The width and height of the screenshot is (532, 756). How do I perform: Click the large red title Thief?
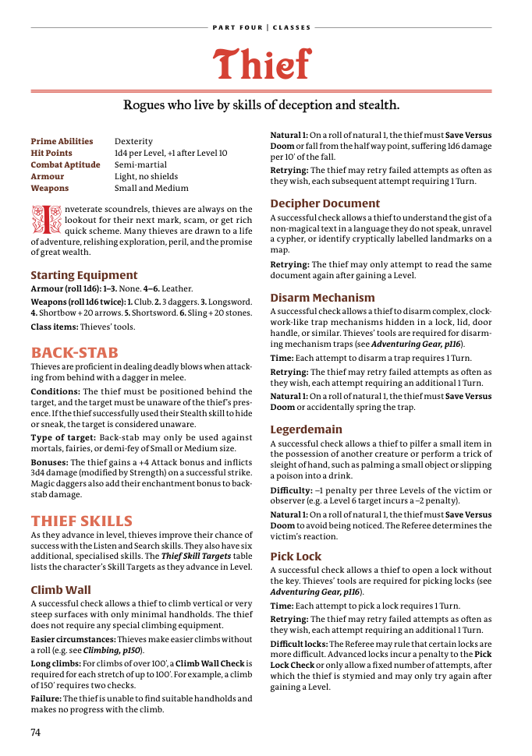coord(262,64)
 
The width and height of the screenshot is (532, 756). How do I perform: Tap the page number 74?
coord(36,732)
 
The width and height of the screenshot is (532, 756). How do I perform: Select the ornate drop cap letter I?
coord(44,220)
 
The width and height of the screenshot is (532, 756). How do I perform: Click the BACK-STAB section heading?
coord(75,353)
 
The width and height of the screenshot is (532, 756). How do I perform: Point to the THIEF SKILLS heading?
coord(82,521)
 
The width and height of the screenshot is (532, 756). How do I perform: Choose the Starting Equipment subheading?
coord(83,275)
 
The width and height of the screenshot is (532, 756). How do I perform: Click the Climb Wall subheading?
coord(61,590)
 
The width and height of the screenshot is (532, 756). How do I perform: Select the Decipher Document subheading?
coord(325,204)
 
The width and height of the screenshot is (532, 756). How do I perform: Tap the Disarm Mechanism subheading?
coord(322,298)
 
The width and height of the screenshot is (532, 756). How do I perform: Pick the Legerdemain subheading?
coord(306,429)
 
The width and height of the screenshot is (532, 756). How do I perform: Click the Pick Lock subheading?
coord(296,556)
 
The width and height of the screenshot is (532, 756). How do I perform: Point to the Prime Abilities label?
coord(62,142)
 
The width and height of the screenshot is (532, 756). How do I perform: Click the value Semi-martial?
coord(140,165)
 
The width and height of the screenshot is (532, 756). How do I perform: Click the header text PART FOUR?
coord(237,28)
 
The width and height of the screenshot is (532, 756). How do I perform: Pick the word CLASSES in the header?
coord(292,28)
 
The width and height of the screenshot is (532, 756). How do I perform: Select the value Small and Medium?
coord(151,189)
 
